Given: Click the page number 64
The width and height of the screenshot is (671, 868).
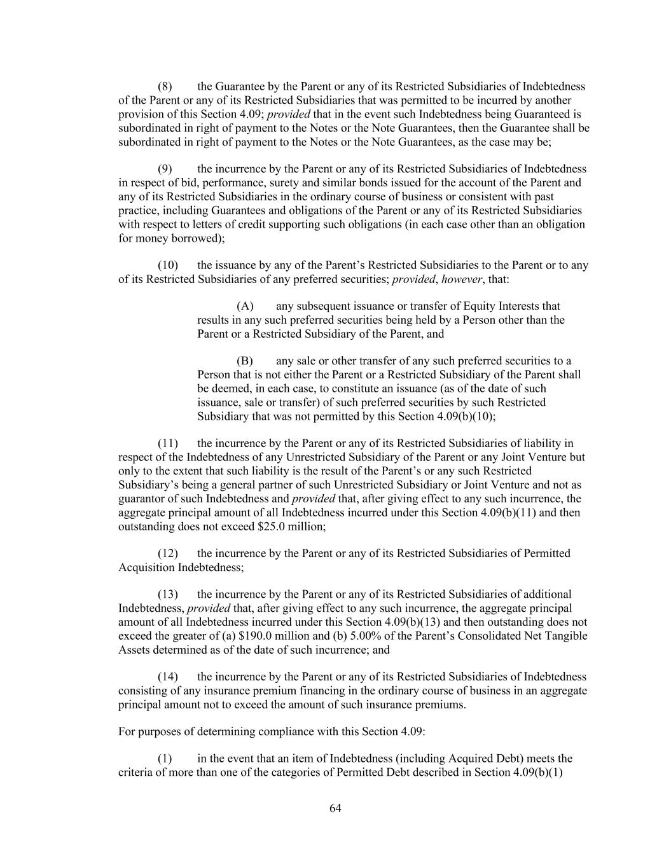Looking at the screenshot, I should [336, 808].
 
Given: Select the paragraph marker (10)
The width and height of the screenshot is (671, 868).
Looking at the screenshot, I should [168, 265].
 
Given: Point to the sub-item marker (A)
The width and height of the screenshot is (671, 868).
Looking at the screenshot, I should [245, 307].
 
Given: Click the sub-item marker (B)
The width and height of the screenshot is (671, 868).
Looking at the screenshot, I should [245, 361].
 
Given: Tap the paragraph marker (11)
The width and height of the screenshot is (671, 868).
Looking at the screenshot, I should [168, 443].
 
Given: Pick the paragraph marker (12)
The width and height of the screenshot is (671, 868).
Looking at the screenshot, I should [168, 553].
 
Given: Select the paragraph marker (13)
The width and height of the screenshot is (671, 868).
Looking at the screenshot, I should [168, 595].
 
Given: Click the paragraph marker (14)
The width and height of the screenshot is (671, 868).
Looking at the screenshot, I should [168, 677].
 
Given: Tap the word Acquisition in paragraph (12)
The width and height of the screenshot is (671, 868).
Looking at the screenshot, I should [146, 567].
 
